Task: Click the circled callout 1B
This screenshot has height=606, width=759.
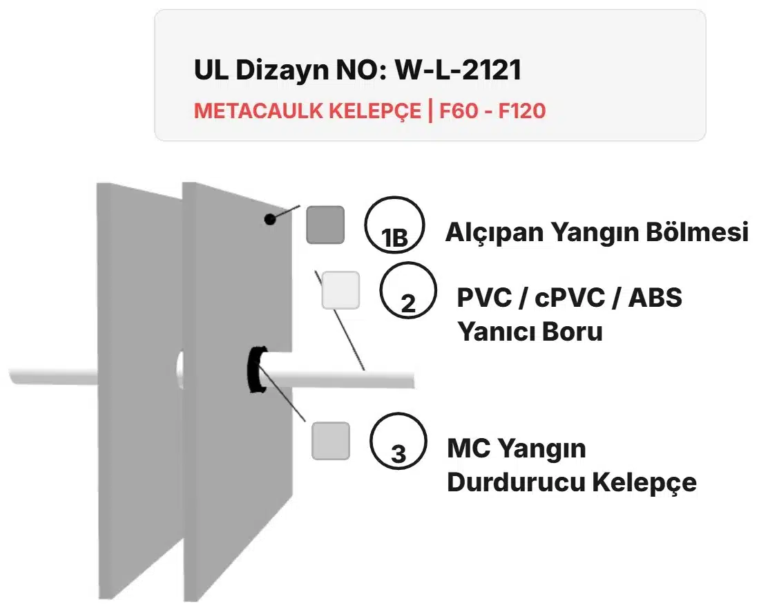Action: coord(394,222)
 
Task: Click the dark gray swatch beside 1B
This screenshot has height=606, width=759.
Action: coord(325,225)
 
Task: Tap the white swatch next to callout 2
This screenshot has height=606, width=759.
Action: coord(340,290)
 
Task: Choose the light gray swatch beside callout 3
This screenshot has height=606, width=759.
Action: coord(330,441)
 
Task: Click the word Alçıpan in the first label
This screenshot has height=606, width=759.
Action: coord(494,233)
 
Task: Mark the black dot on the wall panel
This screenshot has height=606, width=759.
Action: coord(269,219)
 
